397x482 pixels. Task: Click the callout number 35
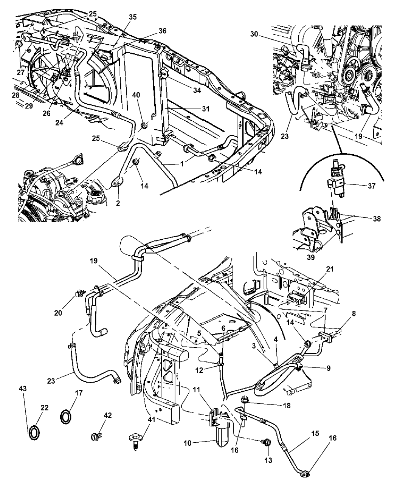pos(132,17)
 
